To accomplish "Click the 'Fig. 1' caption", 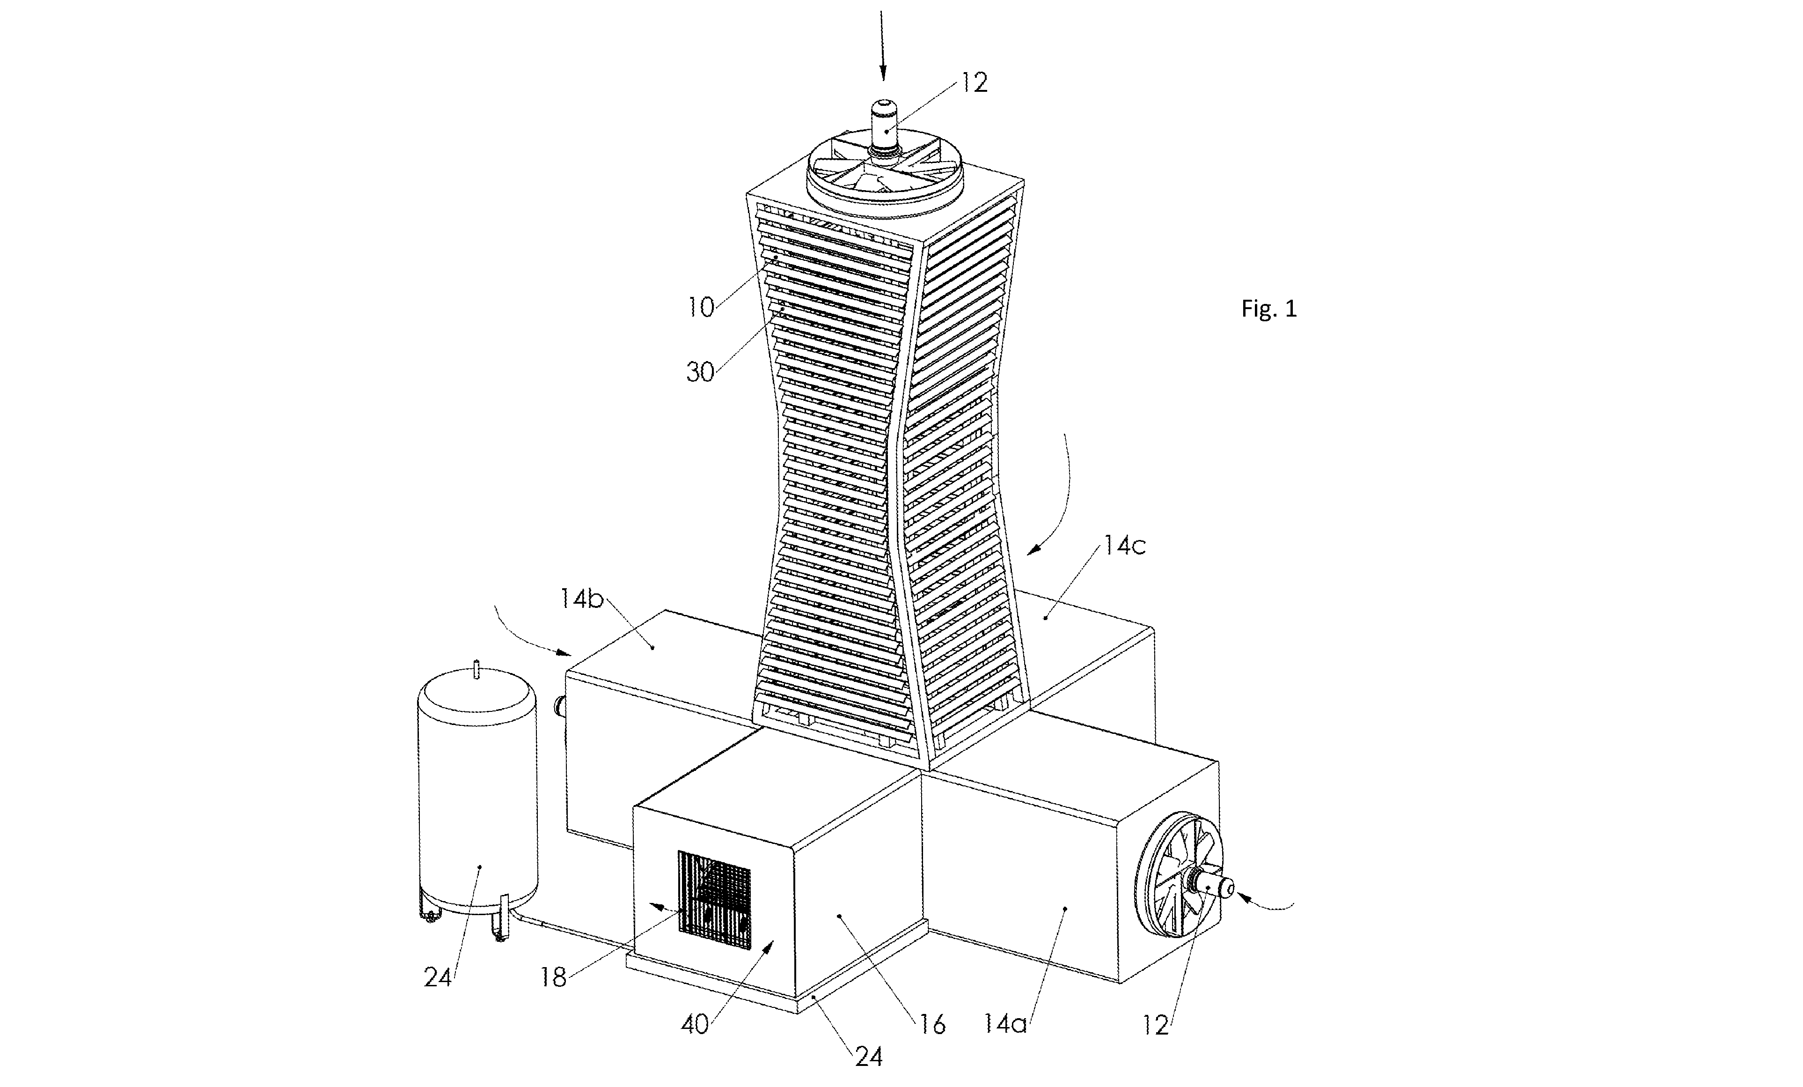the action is pyautogui.click(x=1269, y=309).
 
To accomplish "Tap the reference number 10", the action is pyautogui.click(x=700, y=307).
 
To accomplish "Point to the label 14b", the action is pyautogui.click(x=582, y=599).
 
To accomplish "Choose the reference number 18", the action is pyautogui.click(x=553, y=978).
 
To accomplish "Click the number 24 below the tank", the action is pyautogui.click(x=438, y=977).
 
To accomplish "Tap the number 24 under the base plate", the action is pyautogui.click(x=869, y=1056).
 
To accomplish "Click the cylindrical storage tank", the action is pyautogui.click(x=477, y=798).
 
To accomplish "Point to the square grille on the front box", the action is pyautogui.click(x=715, y=900).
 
